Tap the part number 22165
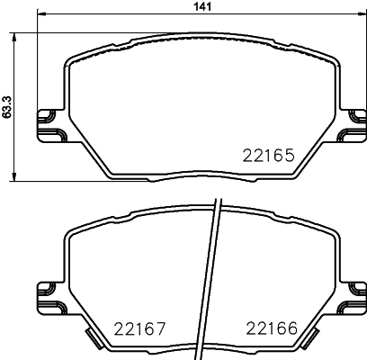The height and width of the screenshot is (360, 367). click(x=269, y=154)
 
